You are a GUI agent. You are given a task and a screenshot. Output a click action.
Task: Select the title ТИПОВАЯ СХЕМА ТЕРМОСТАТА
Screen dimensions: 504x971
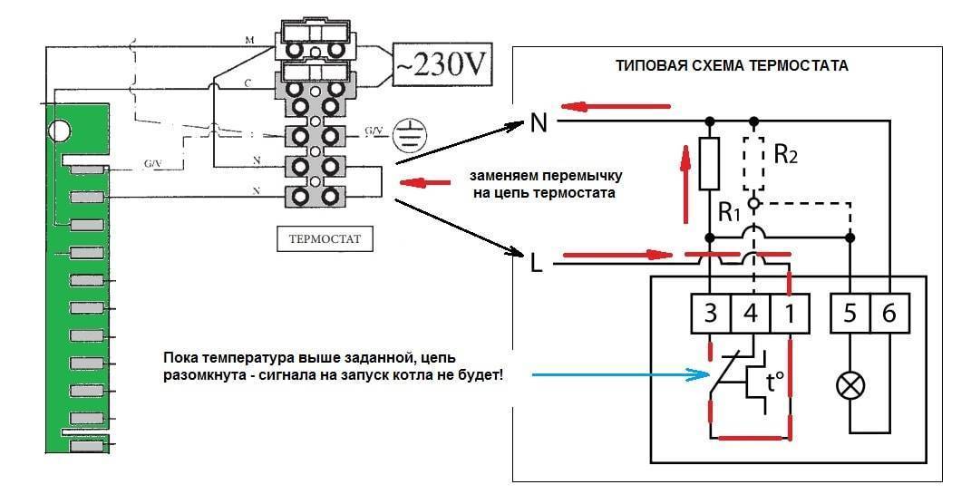click(x=732, y=66)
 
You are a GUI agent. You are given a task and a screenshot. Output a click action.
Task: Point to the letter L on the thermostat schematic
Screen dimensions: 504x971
click(x=538, y=264)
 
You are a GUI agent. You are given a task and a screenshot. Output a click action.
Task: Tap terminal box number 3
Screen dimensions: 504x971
click(x=711, y=313)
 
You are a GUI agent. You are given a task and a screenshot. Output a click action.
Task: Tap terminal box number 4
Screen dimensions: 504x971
click(x=751, y=313)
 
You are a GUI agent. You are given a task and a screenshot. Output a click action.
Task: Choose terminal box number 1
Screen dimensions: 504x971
click(x=791, y=313)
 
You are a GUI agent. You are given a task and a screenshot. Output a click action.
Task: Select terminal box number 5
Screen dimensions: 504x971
click(x=850, y=313)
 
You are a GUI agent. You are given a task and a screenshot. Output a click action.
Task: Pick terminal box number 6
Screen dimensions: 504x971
click(x=889, y=313)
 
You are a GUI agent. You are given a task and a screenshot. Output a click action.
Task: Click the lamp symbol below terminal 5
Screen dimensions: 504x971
click(x=850, y=386)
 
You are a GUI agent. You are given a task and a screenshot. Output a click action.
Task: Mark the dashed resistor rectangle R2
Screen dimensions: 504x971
click(x=752, y=163)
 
